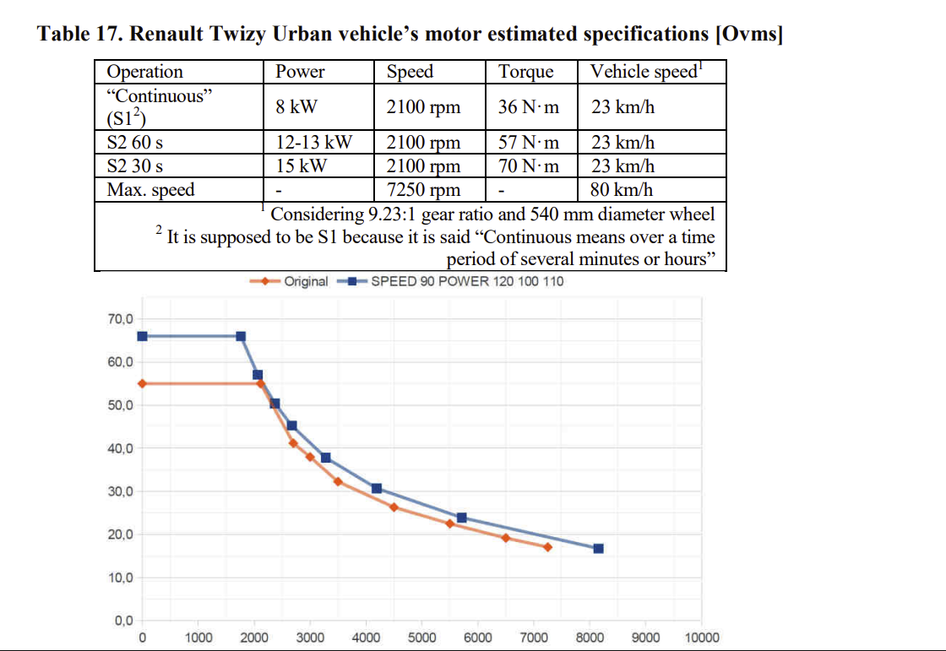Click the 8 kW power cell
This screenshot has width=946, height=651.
(296, 106)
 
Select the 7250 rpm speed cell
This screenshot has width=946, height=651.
(423, 189)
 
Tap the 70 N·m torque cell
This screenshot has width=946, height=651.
(529, 166)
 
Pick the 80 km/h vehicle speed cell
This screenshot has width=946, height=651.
(622, 189)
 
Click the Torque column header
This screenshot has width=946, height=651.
(525, 72)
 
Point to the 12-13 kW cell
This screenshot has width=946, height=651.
(313, 143)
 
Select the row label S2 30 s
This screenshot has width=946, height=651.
(134, 166)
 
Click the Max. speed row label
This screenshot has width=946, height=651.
(151, 189)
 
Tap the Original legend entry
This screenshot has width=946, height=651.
(289, 281)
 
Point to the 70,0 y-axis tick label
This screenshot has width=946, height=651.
(121, 318)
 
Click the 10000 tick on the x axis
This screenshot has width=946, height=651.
(702, 637)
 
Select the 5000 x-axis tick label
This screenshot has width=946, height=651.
(421, 637)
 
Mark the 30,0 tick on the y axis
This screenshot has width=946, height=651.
(121, 491)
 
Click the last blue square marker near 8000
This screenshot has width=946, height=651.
(599, 549)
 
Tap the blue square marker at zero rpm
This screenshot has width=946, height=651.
(143, 336)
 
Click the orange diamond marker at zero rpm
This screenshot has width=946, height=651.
(143, 383)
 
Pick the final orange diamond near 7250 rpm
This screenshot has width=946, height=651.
(548, 547)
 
